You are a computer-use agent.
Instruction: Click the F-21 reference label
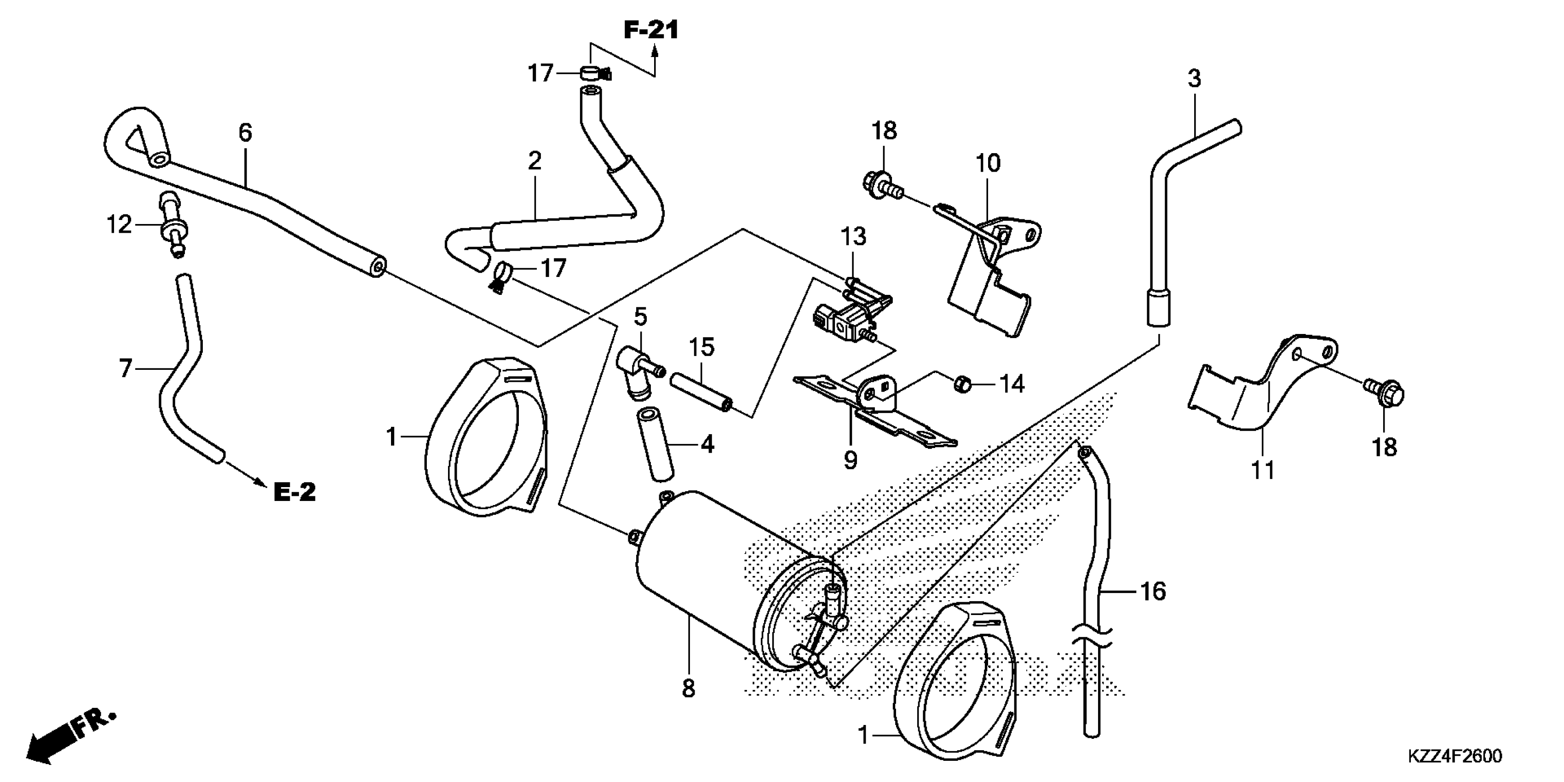click(651, 30)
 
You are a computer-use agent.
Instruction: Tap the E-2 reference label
click(295, 492)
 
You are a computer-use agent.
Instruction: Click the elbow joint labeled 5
click(636, 370)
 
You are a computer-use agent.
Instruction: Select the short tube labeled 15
click(701, 393)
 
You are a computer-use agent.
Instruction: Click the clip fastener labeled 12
click(172, 226)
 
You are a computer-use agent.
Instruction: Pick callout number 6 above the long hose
click(245, 132)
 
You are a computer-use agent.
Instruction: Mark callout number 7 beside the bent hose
click(125, 368)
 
